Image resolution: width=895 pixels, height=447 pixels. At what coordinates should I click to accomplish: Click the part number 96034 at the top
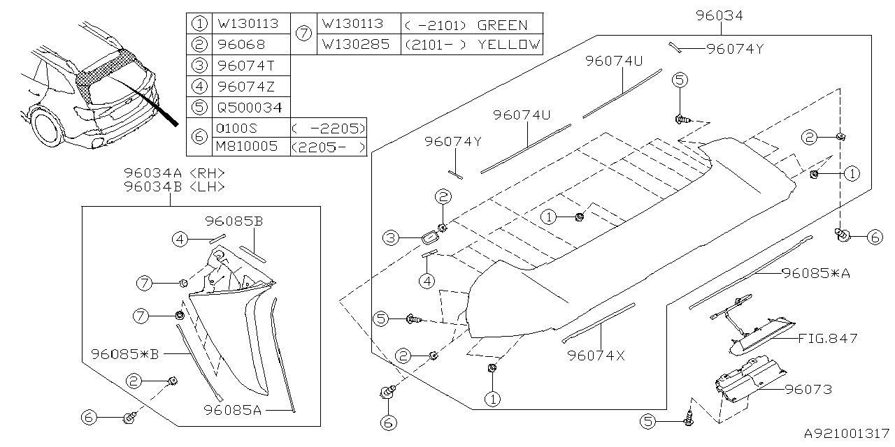(719, 15)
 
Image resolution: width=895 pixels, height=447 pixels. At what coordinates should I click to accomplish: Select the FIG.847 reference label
(827, 339)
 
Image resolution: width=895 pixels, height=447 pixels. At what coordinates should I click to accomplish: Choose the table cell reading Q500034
(249, 108)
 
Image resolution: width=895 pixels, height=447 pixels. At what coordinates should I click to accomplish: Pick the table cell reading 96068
(241, 44)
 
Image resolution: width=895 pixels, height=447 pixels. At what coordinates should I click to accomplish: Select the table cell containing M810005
(249, 147)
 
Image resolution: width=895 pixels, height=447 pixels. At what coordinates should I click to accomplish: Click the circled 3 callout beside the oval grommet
(390, 239)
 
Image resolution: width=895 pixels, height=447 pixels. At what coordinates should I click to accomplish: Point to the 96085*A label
(816, 273)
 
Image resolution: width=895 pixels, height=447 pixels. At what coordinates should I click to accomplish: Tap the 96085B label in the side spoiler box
(234, 221)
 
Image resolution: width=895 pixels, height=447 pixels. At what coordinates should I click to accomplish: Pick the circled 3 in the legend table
(200, 66)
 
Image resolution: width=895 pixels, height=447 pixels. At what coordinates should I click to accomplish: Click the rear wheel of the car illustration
(45, 131)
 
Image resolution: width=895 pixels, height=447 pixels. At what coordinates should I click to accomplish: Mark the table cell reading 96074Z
(246, 87)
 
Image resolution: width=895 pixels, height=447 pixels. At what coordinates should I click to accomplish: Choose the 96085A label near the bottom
(233, 410)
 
